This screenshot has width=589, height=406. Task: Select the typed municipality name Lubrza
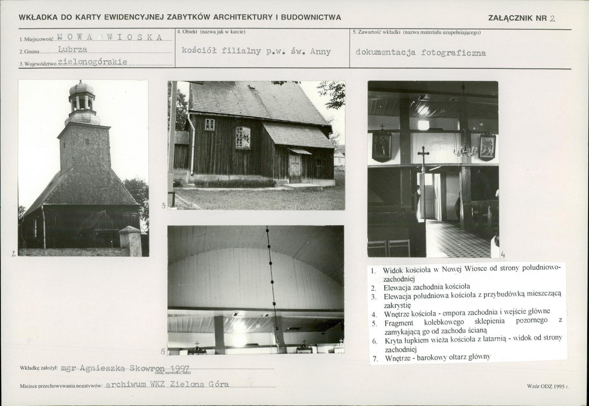pyautogui.click(x=73, y=49)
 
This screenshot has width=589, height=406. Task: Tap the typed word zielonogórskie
pyautogui.click(x=92, y=62)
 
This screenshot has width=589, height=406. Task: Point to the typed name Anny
pyautogui.click(x=320, y=52)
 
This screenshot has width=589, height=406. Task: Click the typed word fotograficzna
pyautogui.click(x=453, y=53)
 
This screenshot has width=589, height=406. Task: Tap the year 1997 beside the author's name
pyautogui.click(x=180, y=369)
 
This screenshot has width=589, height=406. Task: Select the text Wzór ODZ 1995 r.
pyautogui.click(x=548, y=386)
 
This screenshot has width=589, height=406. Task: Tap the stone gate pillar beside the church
pyautogui.click(x=130, y=241)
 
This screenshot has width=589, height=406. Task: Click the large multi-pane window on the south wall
pyautogui.click(x=243, y=138)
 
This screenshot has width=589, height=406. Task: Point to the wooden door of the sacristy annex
pyautogui.click(x=295, y=168)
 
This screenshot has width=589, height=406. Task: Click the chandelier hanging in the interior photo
pyautogui.click(x=465, y=151)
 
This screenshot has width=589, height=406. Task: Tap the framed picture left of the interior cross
pyautogui.click(x=382, y=145)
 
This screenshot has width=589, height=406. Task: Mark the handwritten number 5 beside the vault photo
pyautogui.click(x=163, y=352)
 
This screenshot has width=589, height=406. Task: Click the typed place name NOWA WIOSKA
pyautogui.click(x=110, y=37)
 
